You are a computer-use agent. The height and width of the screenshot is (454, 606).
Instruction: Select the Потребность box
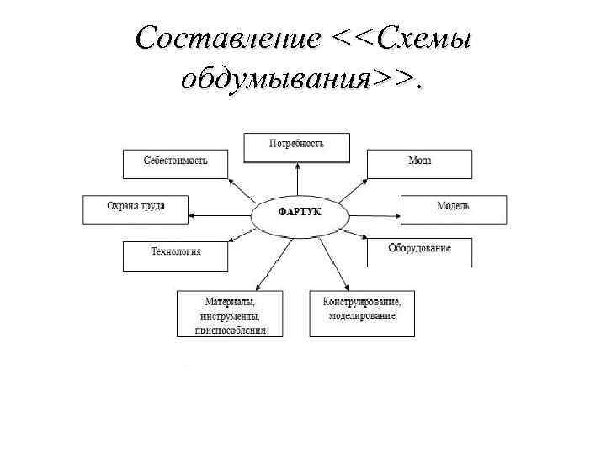(296, 148)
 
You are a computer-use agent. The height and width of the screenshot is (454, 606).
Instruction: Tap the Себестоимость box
(175, 164)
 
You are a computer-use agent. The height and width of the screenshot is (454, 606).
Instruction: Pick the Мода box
(419, 164)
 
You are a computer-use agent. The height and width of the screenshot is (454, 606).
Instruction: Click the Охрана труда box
(136, 209)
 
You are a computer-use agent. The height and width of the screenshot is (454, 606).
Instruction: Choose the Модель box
(453, 209)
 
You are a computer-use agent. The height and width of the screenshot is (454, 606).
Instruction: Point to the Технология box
(175, 256)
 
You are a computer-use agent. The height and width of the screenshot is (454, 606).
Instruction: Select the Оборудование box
(419, 252)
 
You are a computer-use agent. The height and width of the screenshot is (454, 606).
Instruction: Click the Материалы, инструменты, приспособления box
(230, 314)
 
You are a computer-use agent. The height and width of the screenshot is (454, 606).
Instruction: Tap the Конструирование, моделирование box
(362, 314)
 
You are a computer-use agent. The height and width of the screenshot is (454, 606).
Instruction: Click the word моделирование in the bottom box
(362, 315)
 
